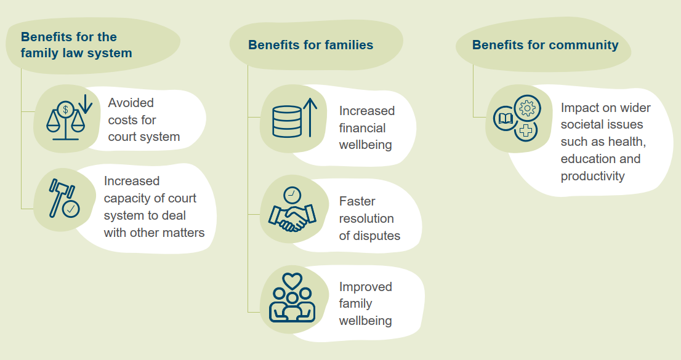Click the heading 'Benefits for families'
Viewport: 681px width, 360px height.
pos(310,45)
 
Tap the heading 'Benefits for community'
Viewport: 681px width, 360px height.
pos(545,45)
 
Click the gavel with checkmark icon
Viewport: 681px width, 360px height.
pos(63,198)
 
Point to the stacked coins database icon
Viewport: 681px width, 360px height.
pos(286,121)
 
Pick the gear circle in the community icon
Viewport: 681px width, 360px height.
pos(527,108)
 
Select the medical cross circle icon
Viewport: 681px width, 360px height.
pos(525,130)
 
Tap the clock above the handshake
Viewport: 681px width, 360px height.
pos(292,195)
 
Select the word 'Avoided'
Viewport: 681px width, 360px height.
pos(131,103)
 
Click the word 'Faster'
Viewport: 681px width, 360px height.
pos(357,201)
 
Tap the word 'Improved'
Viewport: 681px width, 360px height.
pos(366,287)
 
